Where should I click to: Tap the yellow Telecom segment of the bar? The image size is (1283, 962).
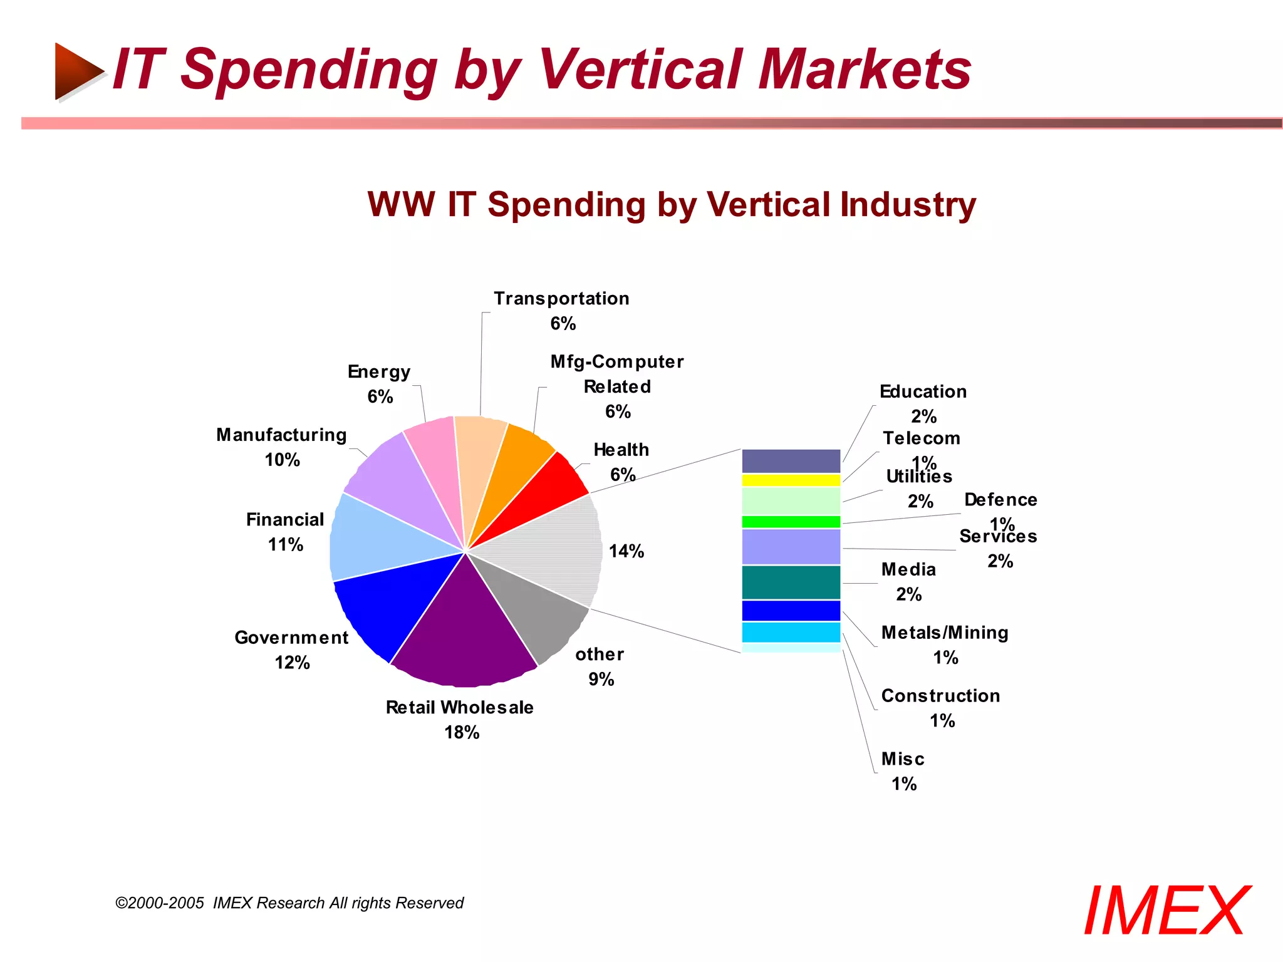pyautogui.click(x=791, y=480)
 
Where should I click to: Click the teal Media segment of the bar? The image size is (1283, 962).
pyautogui.click(x=791, y=582)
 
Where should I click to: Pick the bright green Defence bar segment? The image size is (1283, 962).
pyautogui.click(x=791, y=522)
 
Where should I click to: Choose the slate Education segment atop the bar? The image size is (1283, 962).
pyautogui.click(x=791, y=461)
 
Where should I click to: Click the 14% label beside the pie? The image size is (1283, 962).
pyautogui.click(x=626, y=551)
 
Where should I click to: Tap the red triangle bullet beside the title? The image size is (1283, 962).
pyautogui.click(x=78, y=71)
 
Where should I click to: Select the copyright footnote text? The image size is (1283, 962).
pyautogui.click(x=289, y=903)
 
